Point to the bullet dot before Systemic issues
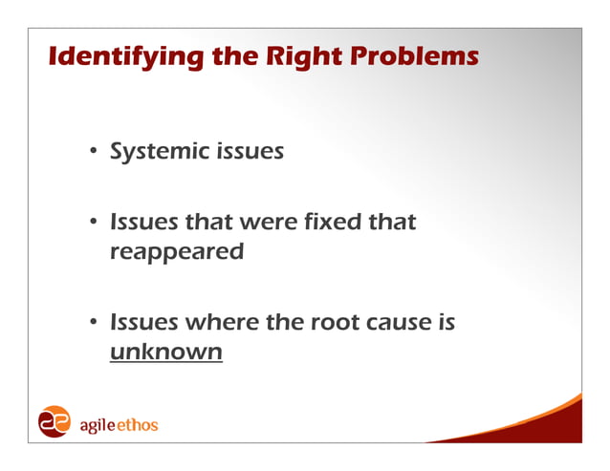[95, 152]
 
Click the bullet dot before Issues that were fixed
[95, 223]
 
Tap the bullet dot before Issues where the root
[95, 323]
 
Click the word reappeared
[177, 253]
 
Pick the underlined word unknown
[166, 353]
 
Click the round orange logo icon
[54, 422]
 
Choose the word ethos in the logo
[139, 423]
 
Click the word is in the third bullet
[446, 323]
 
